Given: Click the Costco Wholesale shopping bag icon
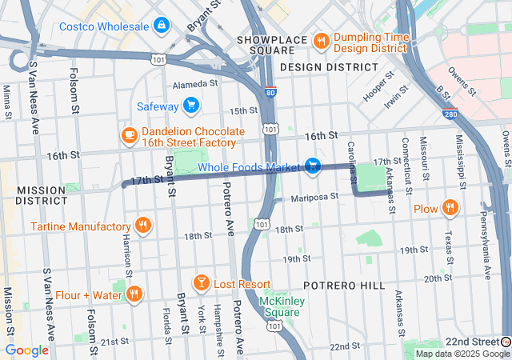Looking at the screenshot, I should tap(162, 26).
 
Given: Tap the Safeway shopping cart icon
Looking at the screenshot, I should tap(190, 104).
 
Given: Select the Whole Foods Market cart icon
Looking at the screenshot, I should tap(313, 166).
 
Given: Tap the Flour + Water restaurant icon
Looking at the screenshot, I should tap(134, 294).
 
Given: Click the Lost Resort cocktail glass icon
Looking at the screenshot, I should tap(201, 284).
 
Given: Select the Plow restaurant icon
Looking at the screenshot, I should tap(450, 209).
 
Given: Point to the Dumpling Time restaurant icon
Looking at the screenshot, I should tap(321, 42).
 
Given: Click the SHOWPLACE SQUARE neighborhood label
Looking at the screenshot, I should tap(266, 45).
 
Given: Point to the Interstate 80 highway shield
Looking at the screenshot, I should tap(271, 92).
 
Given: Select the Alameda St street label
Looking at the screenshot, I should tap(195, 83).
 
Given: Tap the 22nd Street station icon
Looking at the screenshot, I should tap(506, 342).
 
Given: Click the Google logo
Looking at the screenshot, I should tap(26, 350).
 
